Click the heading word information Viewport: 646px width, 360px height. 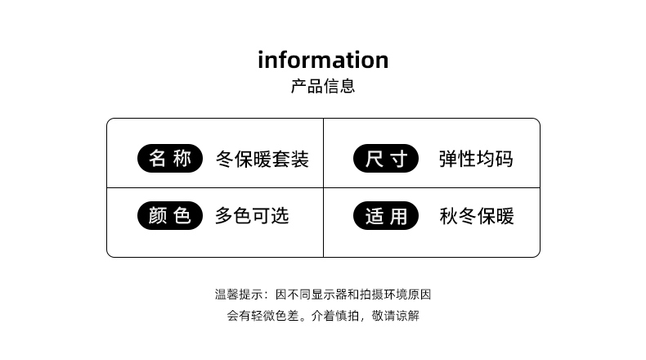(x=323, y=60)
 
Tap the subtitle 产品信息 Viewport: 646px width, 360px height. (x=323, y=87)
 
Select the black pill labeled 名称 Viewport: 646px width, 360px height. (x=169, y=158)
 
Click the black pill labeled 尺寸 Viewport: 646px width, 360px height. (x=386, y=159)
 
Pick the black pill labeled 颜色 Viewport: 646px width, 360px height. (x=169, y=215)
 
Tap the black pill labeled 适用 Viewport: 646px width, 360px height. (x=386, y=216)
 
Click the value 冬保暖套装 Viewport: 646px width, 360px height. (x=262, y=159)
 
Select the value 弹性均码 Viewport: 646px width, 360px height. (x=476, y=159)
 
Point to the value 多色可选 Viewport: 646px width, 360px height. (x=252, y=216)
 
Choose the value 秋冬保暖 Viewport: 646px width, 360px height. (x=476, y=216)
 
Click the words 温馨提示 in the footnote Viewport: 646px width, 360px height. (x=233, y=295)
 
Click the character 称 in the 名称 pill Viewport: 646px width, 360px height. (x=182, y=158)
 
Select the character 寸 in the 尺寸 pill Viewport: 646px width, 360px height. (x=398, y=159)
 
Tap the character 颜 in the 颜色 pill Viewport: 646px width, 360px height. (x=157, y=215)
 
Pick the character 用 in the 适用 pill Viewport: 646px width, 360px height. (x=398, y=216)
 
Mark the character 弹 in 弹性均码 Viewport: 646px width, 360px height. (x=448, y=159)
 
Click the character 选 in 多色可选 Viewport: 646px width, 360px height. (x=280, y=216)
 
